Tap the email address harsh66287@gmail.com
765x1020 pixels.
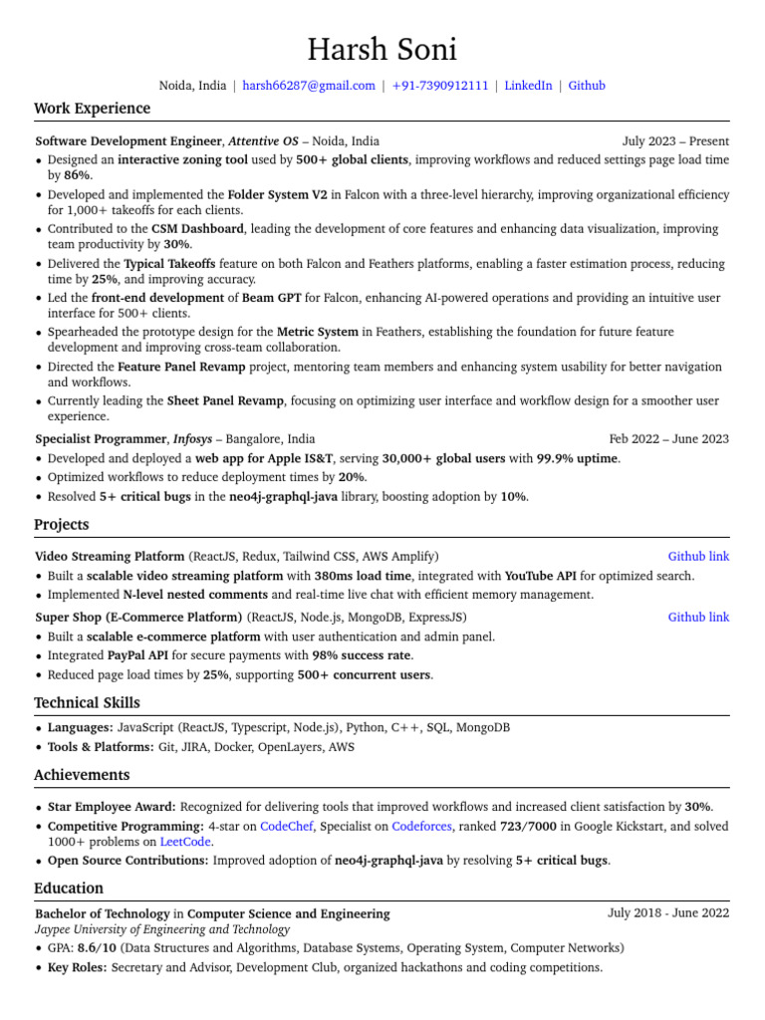[x=309, y=86]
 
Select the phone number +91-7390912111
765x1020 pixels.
[x=440, y=86]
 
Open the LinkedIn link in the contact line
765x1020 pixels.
[x=528, y=86]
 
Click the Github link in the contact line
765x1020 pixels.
[x=587, y=86]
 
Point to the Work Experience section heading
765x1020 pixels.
[x=92, y=109]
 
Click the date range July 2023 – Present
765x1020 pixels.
[x=675, y=141]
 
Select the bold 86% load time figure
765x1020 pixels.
[x=77, y=175]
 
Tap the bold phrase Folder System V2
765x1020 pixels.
[x=277, y=194]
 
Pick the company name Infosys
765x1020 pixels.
[x=192, y=438]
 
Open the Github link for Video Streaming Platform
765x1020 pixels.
[x=698, y=557]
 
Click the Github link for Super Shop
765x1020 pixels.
[x=698, y=618]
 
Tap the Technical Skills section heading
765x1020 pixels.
[x=87, y=703]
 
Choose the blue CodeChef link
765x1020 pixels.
[x=286, y=827]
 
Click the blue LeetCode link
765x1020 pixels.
[x=185, y=842]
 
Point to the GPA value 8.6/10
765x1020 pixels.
[x=97, y=948]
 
